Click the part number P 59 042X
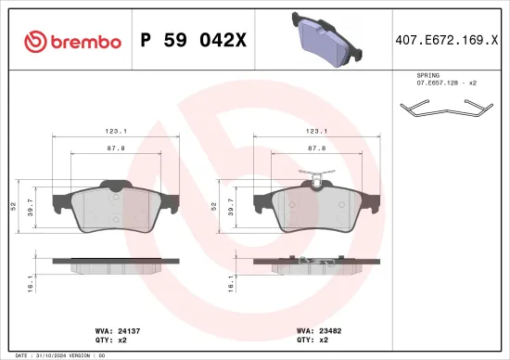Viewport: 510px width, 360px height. point(193,41)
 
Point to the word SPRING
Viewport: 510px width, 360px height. point(428,73)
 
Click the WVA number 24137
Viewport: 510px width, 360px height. point(128,329)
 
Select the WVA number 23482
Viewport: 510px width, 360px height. point(329,329)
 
